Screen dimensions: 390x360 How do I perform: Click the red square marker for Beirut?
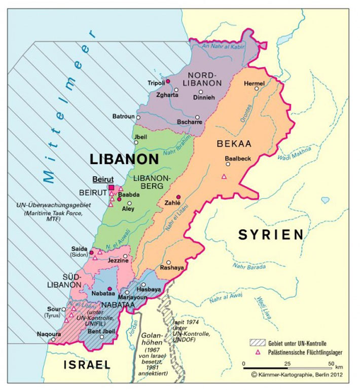click(112, 187)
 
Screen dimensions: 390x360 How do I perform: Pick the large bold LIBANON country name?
click(124, 159)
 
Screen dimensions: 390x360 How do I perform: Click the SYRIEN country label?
click(271, 235)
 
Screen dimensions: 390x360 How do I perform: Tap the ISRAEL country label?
click(87, 365)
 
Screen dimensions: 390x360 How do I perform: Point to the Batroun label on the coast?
click(123, 116)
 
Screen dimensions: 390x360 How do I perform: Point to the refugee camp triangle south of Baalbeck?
click(224, 176)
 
